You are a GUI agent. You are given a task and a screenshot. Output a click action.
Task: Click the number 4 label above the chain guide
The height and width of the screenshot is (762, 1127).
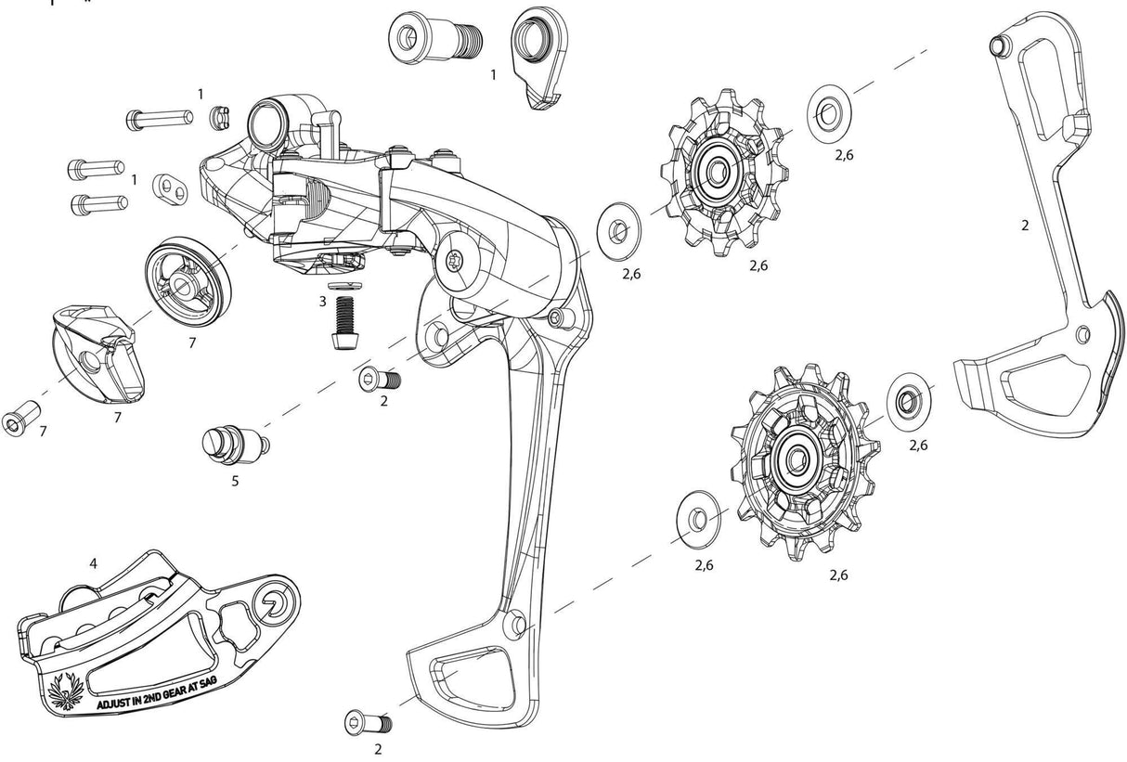(x=93, y=563)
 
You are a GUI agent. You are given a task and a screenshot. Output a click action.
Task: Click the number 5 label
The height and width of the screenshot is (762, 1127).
(x=235, y=482)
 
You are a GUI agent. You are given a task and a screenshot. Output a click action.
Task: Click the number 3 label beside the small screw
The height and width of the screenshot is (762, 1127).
(x=322, y=302)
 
